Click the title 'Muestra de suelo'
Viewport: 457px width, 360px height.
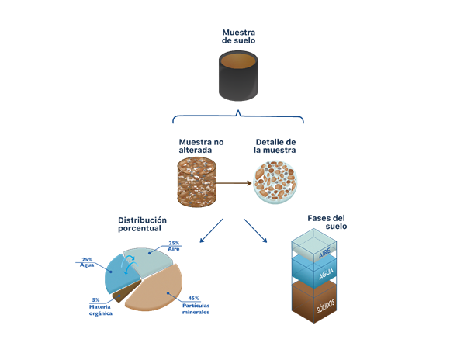tap(238, 36)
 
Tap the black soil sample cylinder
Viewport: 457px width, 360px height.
tap(238, 76)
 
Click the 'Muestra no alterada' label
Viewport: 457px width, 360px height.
tap(201, 146)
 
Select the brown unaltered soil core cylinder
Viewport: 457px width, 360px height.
tap(196, 182)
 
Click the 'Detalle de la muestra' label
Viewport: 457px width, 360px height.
tap(275, 146)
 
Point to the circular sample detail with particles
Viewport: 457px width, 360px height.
tap(275, 182)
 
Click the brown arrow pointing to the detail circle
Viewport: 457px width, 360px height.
tap(234, 183)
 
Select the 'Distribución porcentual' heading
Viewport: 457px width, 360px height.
tap(142, 224)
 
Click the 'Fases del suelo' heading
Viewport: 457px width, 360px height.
tap(327, 222)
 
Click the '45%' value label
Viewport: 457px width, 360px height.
tap(193, 298)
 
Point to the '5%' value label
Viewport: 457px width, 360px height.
tap(95, 299)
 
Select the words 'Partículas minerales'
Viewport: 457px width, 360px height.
tap(196, 309)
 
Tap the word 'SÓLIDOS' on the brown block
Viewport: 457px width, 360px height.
tap(326, 306)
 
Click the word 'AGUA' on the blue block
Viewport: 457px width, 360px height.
tap(326, 274)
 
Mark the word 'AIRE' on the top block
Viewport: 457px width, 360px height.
tap(324, 253)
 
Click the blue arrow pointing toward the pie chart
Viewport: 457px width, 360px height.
tap(211, 230)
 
